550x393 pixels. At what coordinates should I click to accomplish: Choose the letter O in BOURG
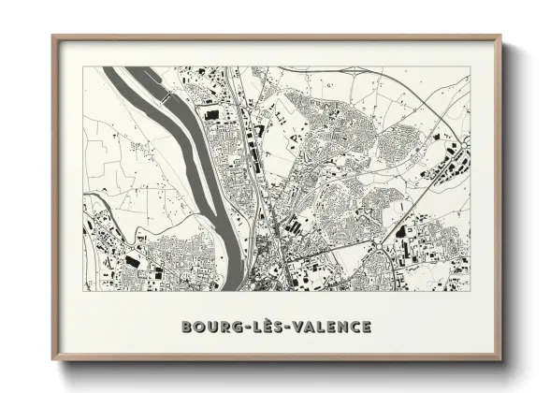197,327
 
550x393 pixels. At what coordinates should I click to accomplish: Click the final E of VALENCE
367,327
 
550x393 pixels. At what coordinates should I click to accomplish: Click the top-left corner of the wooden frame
53,36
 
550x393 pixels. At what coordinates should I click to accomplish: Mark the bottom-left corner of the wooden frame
53,360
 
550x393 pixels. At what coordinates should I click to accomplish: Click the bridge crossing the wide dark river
166,95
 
